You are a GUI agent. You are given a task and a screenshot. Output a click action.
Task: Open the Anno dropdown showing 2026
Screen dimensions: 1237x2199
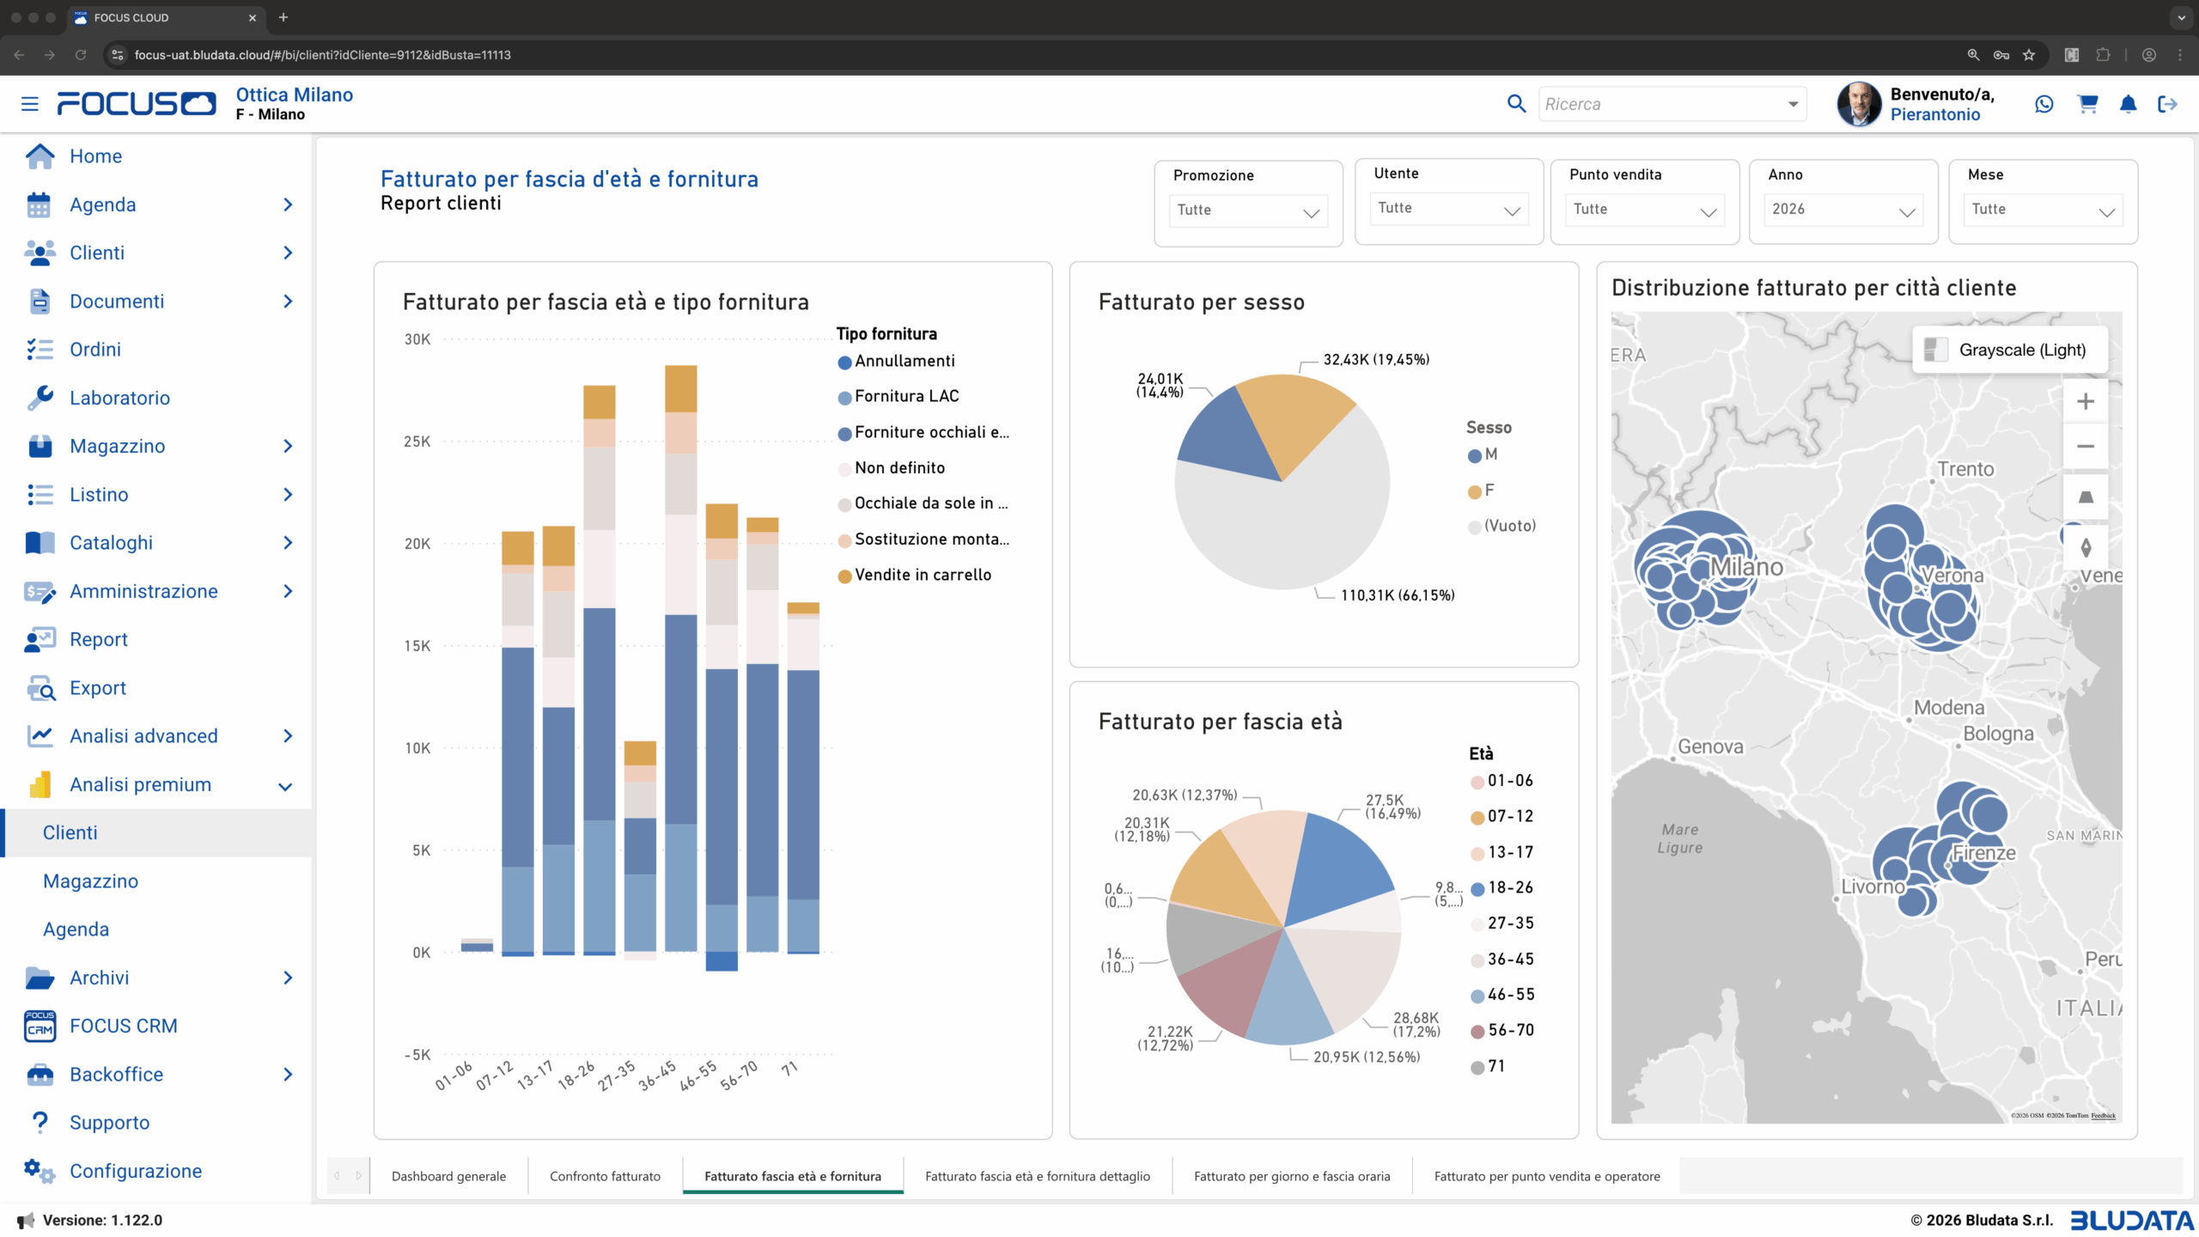pos(1843,210)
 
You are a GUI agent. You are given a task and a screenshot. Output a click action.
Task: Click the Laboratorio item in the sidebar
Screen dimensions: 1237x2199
pos(119,398)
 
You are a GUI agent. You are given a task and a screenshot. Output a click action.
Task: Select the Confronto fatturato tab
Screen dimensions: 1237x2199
pos(605,1176)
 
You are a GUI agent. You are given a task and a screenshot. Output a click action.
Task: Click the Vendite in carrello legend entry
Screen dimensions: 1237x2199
pos(922,575)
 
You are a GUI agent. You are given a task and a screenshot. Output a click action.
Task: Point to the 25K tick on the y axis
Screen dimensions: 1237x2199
pos(417,442)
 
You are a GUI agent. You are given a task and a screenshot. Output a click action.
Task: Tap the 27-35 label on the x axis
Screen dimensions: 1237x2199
pos(617,1076)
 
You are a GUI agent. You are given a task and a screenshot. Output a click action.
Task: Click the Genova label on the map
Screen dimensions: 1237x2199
pos(1710,746)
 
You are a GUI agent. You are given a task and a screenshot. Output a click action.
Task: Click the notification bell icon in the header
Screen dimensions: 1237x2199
pos(2128,104)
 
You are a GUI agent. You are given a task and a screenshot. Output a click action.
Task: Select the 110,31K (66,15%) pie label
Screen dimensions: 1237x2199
pos(1397,595)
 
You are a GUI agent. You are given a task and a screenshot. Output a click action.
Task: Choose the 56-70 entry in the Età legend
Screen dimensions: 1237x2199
pos(1510,1030)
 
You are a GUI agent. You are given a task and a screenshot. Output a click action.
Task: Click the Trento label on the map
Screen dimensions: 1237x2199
pos(1965,469)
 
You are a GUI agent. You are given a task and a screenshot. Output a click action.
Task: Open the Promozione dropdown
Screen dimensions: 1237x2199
pos(1247,211)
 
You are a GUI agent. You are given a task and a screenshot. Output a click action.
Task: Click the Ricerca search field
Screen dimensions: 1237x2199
pos(1662,104)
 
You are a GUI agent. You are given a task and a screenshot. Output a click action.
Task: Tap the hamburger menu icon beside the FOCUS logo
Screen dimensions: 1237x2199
pos(30,104)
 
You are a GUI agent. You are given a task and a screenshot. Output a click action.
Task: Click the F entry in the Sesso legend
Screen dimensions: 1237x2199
pos(1489,491)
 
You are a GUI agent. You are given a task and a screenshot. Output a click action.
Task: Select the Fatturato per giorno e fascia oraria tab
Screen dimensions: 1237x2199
pos(1291,1176)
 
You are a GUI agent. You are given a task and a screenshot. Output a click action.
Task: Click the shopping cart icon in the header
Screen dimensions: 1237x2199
pos(2087,104)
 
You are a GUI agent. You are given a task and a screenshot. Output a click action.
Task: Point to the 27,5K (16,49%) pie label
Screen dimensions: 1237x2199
pos(1392,807)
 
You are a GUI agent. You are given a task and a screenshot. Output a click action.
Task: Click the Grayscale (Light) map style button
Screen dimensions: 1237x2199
pos(2010,350)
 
